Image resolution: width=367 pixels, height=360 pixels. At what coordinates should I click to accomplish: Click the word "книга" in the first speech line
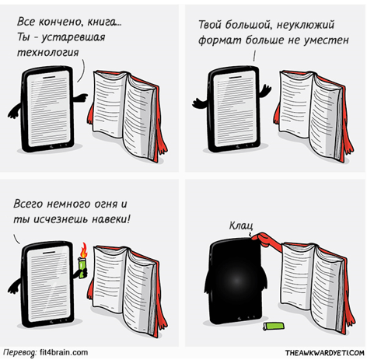pos(104,22)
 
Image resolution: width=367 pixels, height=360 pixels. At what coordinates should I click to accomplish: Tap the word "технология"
pos(48,52)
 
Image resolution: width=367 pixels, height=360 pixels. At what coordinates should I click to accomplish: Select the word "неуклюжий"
pos(306,26)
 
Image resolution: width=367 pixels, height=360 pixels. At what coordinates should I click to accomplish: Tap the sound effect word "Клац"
pos(241,225)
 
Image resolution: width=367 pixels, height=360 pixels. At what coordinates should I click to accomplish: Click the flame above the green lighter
pos(83,250)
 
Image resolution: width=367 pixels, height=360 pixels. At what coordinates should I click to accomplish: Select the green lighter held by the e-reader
pos(82,268)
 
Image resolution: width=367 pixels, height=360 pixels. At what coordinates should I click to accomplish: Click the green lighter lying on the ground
pos(273,326)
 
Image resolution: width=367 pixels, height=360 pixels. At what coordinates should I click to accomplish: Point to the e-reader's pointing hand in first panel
pos(80,98)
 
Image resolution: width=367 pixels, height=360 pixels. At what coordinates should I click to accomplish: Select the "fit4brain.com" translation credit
pos(64,352)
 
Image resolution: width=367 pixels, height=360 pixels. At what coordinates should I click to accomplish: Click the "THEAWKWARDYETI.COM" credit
pos(325,353)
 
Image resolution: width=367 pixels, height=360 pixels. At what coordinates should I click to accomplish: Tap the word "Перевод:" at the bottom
pos(20,353)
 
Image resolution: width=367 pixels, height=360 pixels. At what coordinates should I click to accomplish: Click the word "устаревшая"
pos(73,37)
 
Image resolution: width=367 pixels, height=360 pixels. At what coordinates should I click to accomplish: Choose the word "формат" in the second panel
pos(220,40)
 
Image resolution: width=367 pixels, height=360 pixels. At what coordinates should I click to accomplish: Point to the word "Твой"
pos(210,25)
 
